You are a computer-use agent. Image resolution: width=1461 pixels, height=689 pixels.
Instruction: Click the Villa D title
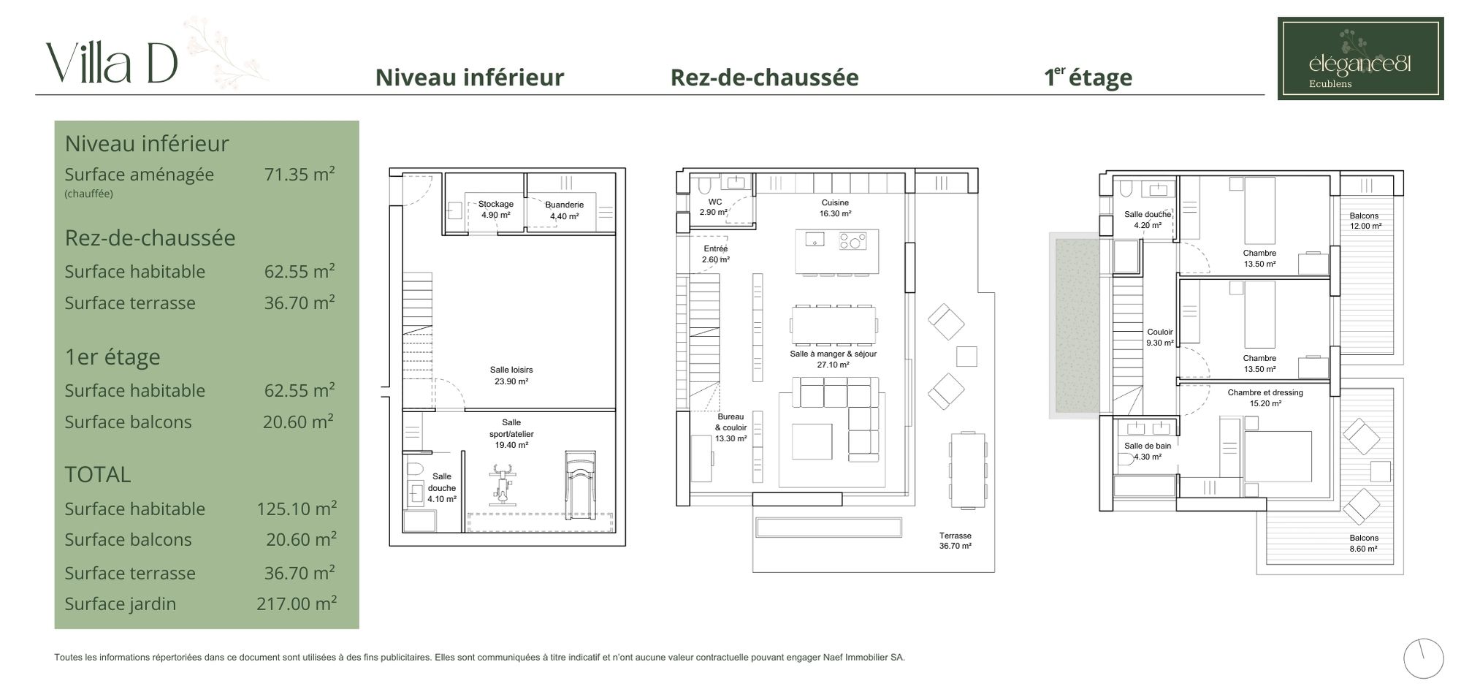pos(112,63)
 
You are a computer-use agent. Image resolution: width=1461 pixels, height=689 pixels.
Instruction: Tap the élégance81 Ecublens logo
pos(1360,58)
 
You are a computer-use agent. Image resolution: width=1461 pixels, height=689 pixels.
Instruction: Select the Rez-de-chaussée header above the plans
pos(764,77)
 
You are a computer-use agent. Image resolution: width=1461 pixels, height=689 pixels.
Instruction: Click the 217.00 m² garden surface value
pos(296,604)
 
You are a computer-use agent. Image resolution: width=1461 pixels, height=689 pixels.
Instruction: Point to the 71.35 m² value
pos(300,174)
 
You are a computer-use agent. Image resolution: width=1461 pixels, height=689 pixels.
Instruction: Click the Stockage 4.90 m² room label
pos(495,210)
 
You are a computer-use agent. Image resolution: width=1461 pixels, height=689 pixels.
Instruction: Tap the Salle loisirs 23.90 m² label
pos(511,376)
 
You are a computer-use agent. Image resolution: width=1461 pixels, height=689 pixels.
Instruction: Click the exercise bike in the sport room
pos(501,483)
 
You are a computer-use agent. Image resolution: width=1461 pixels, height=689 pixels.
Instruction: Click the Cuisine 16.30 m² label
pos(834,208)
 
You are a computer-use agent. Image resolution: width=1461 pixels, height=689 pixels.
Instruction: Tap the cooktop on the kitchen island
pos(852,240)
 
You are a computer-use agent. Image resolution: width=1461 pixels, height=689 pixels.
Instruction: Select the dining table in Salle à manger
pos(834,324)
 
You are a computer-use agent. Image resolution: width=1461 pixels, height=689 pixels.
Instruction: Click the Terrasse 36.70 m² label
pos(955,541)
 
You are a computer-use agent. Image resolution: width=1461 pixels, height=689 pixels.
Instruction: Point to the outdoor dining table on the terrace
pos(968,471)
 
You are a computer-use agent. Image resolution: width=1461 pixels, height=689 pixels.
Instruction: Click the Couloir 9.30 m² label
pos(1160,337)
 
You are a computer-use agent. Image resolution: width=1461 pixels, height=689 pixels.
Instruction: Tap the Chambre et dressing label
pos(1265,392)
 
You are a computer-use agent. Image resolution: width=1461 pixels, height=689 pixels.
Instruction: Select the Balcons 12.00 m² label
pos(1364,221)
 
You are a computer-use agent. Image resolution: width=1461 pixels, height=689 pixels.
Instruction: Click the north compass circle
pos(1424,658)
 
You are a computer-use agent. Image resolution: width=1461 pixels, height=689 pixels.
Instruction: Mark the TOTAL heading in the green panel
pos(98,475)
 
